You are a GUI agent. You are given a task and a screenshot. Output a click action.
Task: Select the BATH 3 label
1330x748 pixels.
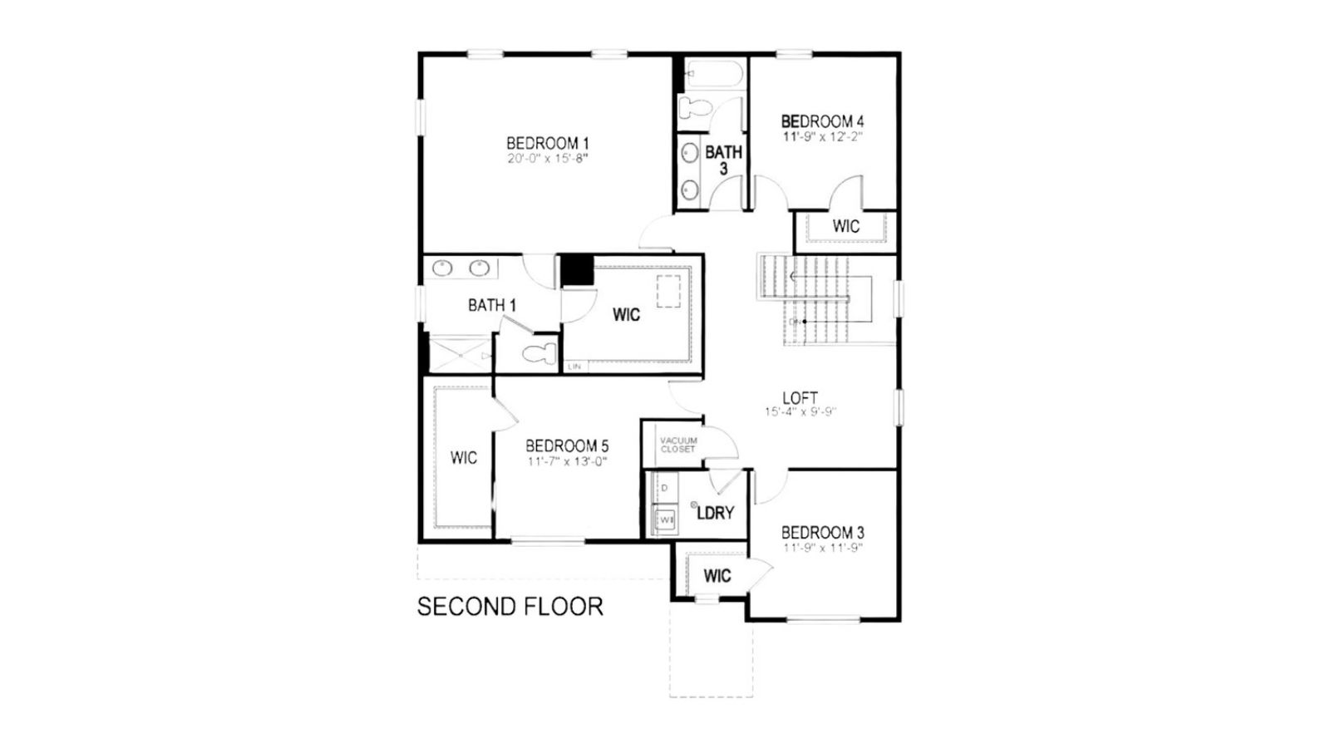pyautogui.click(x=723, y=160)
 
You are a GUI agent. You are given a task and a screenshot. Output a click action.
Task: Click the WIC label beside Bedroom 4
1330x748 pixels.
pyautogui.click(x=845, y=226)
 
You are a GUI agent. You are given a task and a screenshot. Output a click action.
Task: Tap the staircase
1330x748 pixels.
pyautogui.click(x=815, y=299)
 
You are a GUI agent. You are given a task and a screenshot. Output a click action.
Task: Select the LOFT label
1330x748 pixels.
pyautogui.click(x=800, y=398)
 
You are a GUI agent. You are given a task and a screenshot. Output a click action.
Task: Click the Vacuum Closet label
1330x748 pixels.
pyautogui.click(x=678, y=445)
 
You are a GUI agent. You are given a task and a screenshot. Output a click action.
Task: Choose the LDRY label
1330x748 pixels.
pyautogui.click(x=715, y=513)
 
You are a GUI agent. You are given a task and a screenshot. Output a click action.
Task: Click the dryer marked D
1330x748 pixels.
pyautogui.click(x=664, y=488)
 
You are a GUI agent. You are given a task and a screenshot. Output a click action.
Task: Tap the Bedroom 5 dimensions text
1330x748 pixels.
pyautogui.click(x=567, y=461)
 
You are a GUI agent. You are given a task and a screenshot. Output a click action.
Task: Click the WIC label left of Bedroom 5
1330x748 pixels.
pyautogui.click(x=463, y=458)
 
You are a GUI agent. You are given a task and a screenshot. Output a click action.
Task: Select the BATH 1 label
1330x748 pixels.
pyautogui.click(x=491, y=306)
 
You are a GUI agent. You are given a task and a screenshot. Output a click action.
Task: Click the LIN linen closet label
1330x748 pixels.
pyautogui.click(x=574, y=366)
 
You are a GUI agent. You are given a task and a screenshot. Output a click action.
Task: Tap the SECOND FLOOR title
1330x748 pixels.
pyautogui.click(x=510, y=607)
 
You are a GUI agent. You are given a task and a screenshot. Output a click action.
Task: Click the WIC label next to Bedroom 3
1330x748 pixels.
pyautogui.click(x=717, y=576)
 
